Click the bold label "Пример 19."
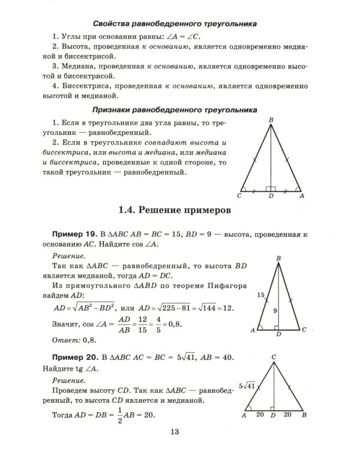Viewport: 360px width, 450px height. [74, 233]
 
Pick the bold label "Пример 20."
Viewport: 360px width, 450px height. [74, 356]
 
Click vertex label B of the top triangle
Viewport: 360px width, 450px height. [271, 120]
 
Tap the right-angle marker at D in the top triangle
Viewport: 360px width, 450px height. [271, 188]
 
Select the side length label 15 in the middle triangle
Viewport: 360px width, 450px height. [260, 295]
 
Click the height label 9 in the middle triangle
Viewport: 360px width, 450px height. [275, 311]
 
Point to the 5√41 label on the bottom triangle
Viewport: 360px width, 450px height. [247, 385]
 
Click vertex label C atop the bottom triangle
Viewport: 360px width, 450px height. [274, 357]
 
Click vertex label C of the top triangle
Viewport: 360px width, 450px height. [239, 196]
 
